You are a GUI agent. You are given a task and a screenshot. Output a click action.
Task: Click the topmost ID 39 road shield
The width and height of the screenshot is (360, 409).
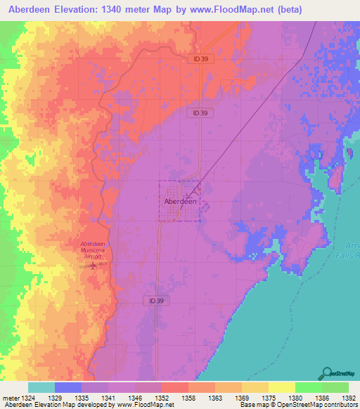(200, 59)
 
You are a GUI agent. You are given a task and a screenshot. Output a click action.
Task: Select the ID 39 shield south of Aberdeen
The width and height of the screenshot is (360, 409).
(157, 300)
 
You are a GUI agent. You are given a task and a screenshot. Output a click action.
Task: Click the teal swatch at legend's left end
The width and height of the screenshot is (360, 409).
(41, 387)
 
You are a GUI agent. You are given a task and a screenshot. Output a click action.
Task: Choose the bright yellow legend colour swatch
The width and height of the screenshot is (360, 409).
(282, 387)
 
